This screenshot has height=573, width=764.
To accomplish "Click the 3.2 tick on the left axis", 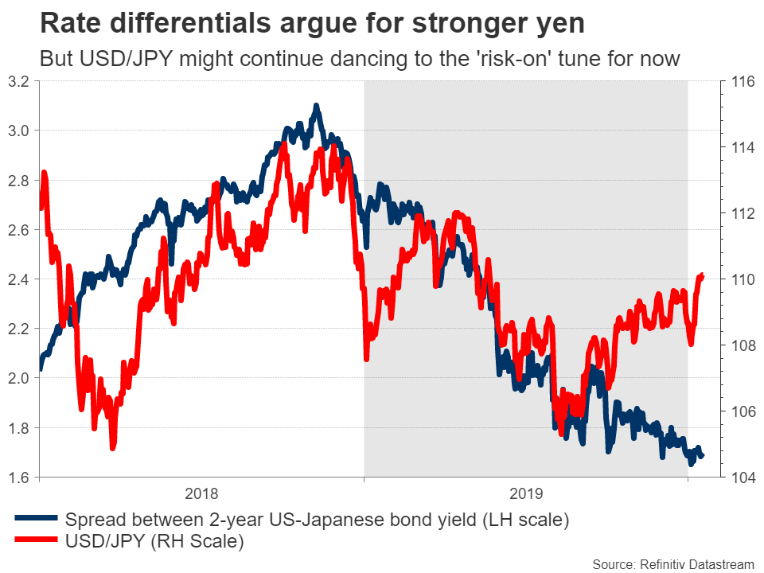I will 19,81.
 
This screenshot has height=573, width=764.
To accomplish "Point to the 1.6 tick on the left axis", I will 19,477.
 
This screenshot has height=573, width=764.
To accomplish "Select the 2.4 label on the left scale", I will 19,279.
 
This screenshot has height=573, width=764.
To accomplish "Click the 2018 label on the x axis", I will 201,493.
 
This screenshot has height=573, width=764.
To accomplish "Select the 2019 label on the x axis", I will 525,493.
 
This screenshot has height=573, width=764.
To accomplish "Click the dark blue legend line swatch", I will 37,521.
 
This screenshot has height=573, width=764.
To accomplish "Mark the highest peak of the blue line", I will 316,105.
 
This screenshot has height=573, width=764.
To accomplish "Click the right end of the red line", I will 702,275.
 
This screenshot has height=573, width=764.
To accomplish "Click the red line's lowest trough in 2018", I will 113,448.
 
